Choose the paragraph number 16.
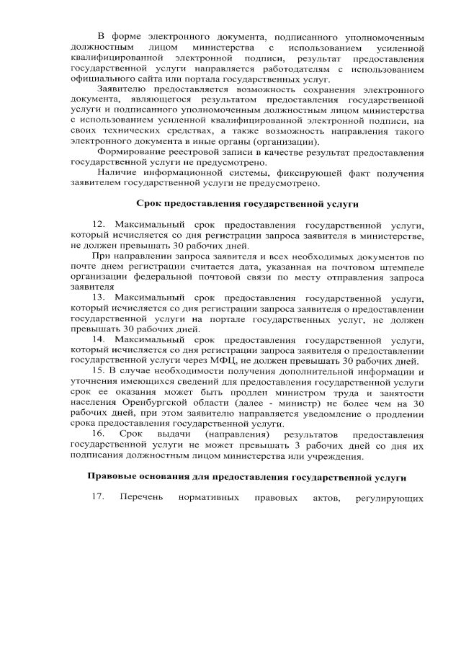coord(99,434)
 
